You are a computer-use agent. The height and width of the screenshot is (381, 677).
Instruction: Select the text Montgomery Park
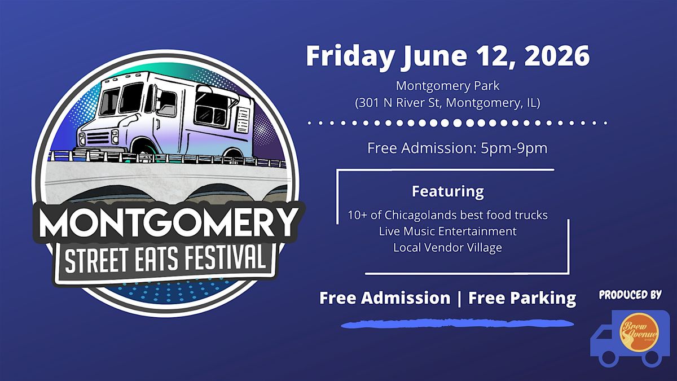coord(447,86)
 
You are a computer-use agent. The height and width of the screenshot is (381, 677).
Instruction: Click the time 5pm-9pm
coord(514,148)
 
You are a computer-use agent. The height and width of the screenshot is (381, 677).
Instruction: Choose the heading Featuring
coord(448,192)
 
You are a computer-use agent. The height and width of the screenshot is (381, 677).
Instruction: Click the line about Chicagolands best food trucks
coord(447,215)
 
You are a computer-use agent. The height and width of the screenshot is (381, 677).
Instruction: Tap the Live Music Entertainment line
coord(447,231)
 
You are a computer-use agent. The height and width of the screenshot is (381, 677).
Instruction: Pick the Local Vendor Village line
coord(447,248)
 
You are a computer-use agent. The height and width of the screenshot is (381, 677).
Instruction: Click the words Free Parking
coord(522,298)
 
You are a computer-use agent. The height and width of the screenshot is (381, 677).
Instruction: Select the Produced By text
coord(630,295)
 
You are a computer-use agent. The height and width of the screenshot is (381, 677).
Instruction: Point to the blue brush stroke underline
coord(458,323)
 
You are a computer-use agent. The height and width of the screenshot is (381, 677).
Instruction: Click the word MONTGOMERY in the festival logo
coord(168,223)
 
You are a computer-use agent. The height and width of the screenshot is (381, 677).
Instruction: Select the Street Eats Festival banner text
coord(165,260)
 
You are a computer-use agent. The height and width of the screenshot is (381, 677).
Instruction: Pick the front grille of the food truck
coord(98,138)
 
